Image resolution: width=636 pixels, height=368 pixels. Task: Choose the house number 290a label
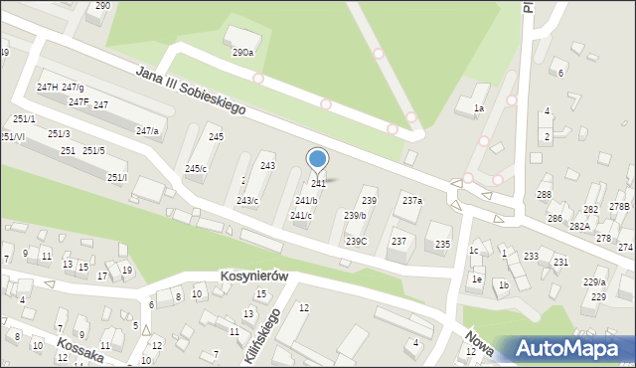click(x=243, y=52)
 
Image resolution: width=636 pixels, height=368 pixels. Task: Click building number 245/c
click(x=196, y=168)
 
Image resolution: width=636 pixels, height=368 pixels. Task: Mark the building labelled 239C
click(x=356, y=241)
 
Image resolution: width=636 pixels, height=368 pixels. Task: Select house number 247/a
click(x=147, y=130)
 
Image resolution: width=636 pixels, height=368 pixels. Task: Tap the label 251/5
click(x=93, y=150)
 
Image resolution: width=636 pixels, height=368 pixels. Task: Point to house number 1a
click(x=478, y=107)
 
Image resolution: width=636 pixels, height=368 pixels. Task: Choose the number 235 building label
click(x=442, y=244)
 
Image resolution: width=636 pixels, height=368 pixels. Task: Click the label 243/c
click(x=247, y=201)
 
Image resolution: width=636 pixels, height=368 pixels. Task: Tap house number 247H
click(x=47, y=88)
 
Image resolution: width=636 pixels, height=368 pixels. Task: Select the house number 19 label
click(x=126, y=270)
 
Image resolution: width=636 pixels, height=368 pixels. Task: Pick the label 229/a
click(x=594, y=282)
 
